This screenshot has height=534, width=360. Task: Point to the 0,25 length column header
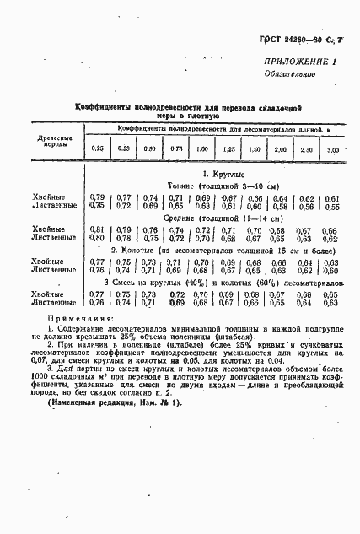(98, 148)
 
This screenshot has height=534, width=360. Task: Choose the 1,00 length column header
(202, 148)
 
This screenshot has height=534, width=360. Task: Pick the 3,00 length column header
(332, 149)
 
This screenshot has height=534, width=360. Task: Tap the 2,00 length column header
(279, 149)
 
